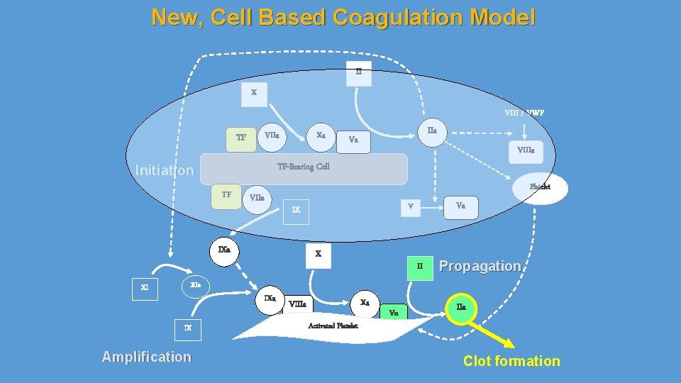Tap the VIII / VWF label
[x=524, y=112]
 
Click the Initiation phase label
[x=164, y=170]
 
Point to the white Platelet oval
[x=539, y=187]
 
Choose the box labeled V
[x=409, y=206]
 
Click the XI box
[x=145, y=288]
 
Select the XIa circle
[x=195, y=284]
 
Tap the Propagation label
[x=480, y=266]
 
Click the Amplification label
[x=146, y=357]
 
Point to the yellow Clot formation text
[x=511, y=361]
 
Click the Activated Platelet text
[x=333, y=326]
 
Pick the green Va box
[x=394, y=312]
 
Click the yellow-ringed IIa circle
[x=461, y=307]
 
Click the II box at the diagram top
[x=358, y=72]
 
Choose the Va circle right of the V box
[x=461, y=206]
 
